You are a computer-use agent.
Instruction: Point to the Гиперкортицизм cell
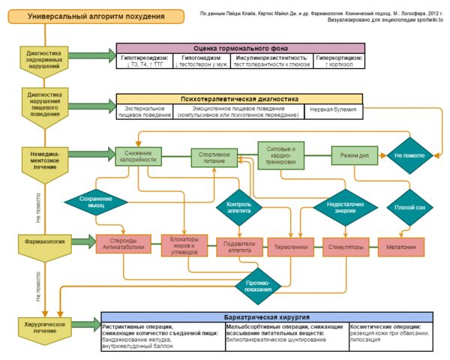[337, 61]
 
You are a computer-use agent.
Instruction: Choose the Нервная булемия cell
[333, 110]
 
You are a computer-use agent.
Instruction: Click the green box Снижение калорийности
[140, 155]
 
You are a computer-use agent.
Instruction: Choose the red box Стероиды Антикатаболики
[120, 245]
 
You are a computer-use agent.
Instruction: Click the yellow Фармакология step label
[43, 242]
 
